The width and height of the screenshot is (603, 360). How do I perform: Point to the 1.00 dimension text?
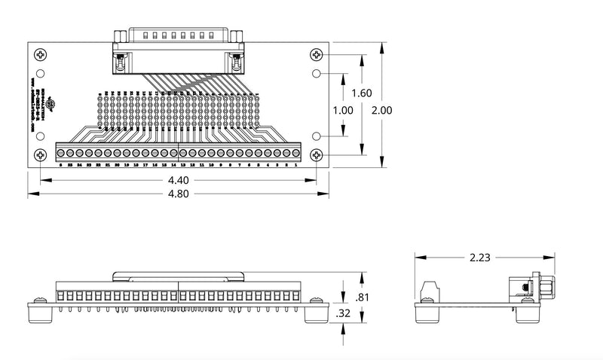click(x=342, y=110)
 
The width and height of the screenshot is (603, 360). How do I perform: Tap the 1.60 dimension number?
click(x=362, y=93)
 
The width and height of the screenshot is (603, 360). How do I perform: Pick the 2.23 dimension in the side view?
click(x=479, y=258)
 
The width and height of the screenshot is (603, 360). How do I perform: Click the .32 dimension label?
click(x=344, y=313)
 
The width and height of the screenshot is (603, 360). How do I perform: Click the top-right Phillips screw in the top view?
click(x=316, y=54)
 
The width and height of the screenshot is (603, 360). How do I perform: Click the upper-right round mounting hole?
click(x=316, y=74)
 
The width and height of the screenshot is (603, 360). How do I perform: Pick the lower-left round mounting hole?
click(x=41, y=136)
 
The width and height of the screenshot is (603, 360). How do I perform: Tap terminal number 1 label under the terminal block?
click(x=295, y=164)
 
